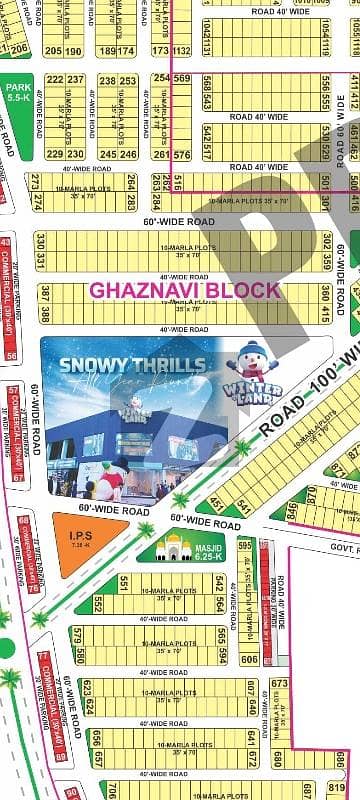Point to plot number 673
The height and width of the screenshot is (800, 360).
tap(279, 684)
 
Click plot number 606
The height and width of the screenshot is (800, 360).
tap(249, 659)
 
